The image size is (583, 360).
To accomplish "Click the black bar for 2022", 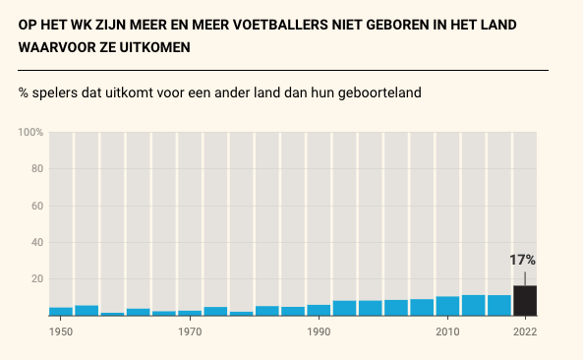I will click(524, 300).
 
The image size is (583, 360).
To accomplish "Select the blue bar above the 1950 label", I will click(61, 311).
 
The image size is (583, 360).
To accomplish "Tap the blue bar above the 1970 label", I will click(190, 313).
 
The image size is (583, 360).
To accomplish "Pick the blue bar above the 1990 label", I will click(319, 310).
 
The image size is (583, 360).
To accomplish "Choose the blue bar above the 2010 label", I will click(447, 306).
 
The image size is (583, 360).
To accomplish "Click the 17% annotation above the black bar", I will click(522, 261).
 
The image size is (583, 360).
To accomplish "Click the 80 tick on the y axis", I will click(36, 168).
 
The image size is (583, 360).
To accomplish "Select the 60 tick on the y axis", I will click(36, 206).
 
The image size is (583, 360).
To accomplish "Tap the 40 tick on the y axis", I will click(36, 242).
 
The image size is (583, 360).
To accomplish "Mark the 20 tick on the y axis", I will click(36, 279).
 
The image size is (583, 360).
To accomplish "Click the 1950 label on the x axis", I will click(61, 331).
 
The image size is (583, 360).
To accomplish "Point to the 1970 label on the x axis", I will click(190, 331).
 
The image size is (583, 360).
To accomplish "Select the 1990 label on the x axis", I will click(319, 331).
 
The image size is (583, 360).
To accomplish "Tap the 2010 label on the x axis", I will click(447, 331).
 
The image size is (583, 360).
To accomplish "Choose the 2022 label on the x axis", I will click(524, 331).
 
